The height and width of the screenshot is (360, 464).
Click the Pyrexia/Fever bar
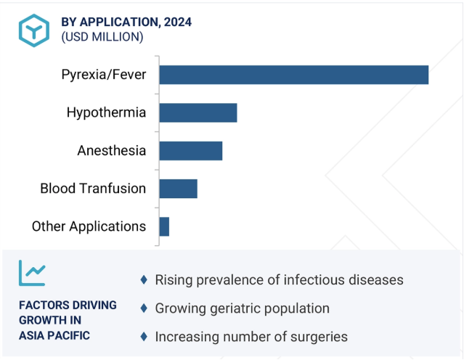(294, 75)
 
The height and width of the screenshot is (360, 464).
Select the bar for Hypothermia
(198, 112)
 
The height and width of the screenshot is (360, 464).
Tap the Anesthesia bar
(191, 151)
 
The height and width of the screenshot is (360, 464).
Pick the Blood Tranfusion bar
(179, 189)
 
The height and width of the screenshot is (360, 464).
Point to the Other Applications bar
(164, 226)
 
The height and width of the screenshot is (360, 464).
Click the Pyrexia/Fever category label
(104, 75)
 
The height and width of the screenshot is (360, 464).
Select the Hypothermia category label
(106, 112)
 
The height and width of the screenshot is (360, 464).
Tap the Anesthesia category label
(112, 150)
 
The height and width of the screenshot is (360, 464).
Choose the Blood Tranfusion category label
(93, 189)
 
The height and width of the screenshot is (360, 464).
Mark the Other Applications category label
(89, 226)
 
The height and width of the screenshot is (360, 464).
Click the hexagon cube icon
(34, 30)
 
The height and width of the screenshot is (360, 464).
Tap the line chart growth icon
(32, 273)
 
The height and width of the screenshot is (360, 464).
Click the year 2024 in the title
(178, 22)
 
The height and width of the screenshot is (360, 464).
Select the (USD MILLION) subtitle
(102, 37)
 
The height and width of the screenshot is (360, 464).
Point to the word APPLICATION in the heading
(120, 22)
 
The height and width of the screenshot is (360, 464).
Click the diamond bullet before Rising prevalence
(144, 279)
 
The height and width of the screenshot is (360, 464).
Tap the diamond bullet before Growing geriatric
(144, 308)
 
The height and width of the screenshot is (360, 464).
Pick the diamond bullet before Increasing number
(144, 336)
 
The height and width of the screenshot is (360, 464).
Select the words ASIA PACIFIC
(54, 336)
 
